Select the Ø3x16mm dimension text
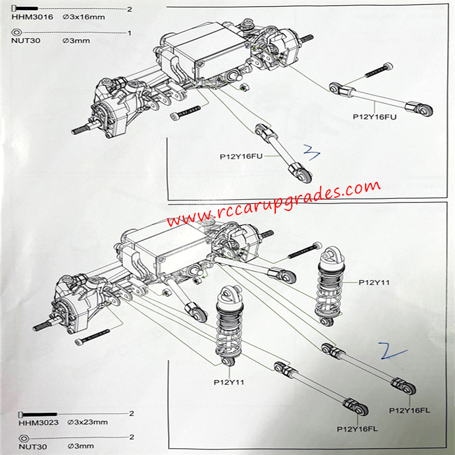[84, 18]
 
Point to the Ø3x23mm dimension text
[87, 421]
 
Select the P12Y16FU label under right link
[374, 117]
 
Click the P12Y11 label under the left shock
[229, 382]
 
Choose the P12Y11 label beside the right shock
[374, 282]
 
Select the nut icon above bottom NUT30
[24, 437]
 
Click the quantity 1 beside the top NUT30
[129, 33]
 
